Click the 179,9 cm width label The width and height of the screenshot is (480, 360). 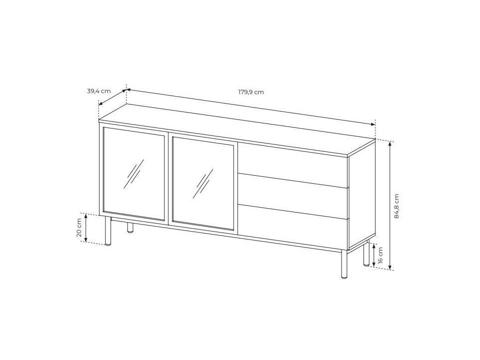tap(251, 92)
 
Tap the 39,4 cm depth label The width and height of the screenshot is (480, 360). tap(99, 91)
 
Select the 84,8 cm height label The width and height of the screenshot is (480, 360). tap(397, 206)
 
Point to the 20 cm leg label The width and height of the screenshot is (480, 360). tap(79, 228)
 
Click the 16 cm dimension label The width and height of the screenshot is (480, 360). tap(380, 254)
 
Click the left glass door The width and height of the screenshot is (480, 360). tap(133, 173)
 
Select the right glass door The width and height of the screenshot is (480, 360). tap(203, 183)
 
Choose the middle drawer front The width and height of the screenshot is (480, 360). tap(292, 192)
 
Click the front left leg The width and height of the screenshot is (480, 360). tap(108, 232)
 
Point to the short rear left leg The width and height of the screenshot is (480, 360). tap(130, 228)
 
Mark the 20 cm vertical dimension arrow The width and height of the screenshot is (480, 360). tap(87, 228)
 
